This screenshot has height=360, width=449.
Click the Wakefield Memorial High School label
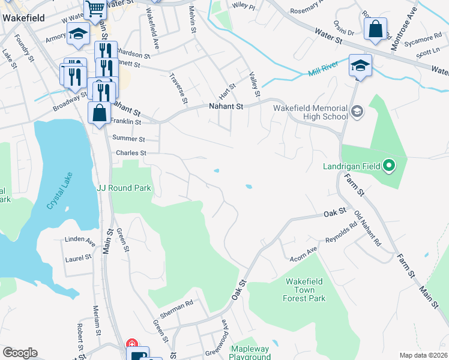(x=310, y=112)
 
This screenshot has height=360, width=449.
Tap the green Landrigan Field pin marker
(x=389, y=165)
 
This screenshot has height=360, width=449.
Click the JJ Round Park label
(x=124, y=188)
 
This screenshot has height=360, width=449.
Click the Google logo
(x=19, y=353)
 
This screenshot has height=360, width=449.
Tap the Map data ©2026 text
(x=423, y=355)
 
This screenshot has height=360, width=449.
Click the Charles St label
(x=131, y=153)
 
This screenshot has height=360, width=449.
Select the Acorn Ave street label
(x=304, y=253)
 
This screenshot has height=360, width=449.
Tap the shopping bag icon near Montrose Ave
(x=375, y=29)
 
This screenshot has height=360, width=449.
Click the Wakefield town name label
(x=25, y=18)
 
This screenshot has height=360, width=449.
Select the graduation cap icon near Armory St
(x=78, y=35)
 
